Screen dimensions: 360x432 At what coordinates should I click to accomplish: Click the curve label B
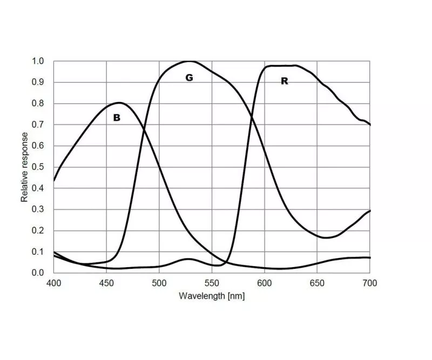click(x=117, y=117)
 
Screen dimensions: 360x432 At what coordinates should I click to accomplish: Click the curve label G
click(x=189, y=78)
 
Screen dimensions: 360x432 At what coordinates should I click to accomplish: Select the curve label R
click(x=284, y=81)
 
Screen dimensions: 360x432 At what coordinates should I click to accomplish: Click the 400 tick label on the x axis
click(x=53, y=283)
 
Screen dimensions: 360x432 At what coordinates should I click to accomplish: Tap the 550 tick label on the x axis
click(x=212, y=283)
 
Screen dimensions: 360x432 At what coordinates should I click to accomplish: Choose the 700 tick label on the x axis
click(x=370, y=283)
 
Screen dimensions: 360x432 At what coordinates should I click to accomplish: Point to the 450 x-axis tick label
click(x=106, y=283)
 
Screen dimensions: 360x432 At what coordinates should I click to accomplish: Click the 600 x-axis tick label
click(x=264, y=283)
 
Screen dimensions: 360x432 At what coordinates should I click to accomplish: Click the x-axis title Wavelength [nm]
click(x=212, y=296)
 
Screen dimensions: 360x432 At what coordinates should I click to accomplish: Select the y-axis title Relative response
click(x=25, y=167)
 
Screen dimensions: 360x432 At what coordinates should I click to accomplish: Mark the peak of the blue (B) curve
click(x=119, y=103)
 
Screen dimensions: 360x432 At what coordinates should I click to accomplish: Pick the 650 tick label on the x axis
click(x=317, y=283)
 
